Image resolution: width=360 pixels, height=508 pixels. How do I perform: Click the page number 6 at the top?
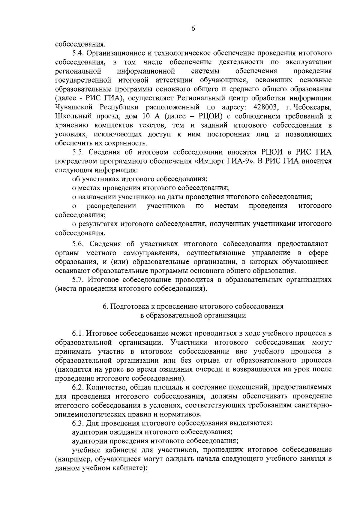point(193,29)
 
